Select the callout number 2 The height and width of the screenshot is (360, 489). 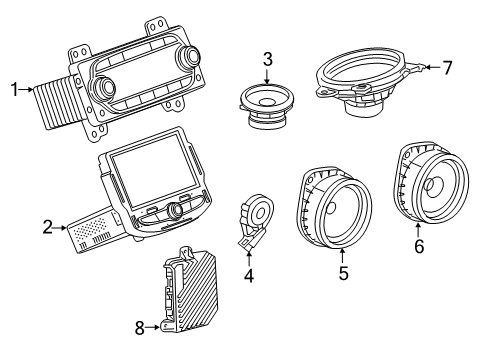click(47, 228)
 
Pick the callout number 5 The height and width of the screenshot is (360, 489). click(342, 271)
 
